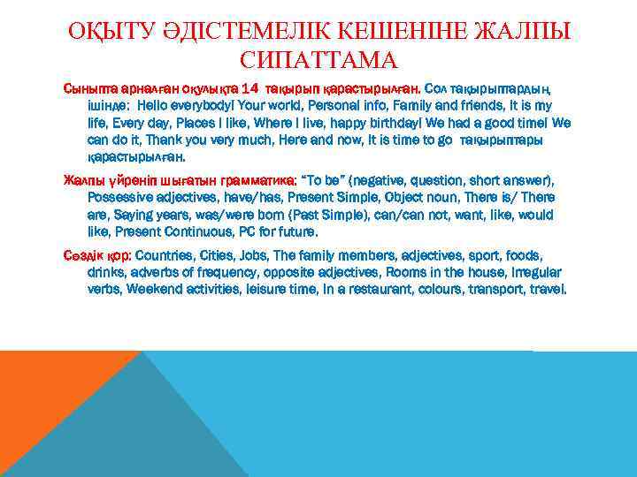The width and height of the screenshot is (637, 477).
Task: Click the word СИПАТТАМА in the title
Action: click(318, 61)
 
